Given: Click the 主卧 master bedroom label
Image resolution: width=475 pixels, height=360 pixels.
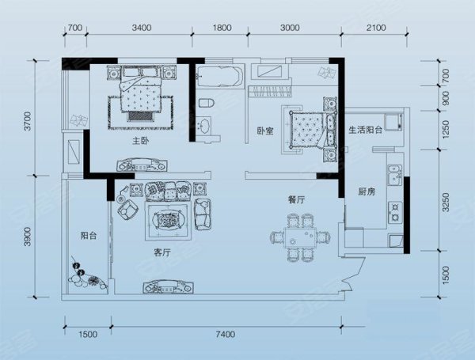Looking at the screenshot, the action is coord(140,141).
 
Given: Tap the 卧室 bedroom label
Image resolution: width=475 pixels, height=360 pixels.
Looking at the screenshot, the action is coord(265,131).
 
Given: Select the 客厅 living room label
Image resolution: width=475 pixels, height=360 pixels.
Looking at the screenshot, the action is coord(162,252).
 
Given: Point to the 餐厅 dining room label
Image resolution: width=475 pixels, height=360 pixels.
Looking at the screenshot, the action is coord(296,199).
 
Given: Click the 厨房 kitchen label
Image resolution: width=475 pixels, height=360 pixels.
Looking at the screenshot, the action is coord(367,191).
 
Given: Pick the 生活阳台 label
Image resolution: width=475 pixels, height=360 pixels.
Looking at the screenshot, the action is coord(365,131).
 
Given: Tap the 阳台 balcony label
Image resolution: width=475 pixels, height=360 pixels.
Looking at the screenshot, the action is coord(89,235).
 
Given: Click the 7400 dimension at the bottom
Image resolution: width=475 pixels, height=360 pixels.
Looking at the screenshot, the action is coord(226,334).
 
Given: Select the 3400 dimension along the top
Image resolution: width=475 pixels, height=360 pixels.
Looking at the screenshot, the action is coord(142,28).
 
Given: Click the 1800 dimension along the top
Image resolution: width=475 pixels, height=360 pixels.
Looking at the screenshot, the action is coord(222,28).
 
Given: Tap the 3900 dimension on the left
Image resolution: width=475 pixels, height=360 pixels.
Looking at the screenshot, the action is coord(27,237).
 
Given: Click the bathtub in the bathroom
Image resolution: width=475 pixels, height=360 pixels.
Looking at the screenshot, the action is coord(219,77).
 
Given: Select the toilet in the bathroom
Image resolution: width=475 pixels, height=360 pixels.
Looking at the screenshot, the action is coord(207,103).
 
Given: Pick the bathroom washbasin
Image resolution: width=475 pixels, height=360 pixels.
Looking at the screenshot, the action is coord(204,126).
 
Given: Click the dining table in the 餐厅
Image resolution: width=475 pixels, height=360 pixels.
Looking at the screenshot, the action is coord(300,237).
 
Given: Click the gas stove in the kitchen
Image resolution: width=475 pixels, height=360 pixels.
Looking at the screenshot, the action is coord(395,212).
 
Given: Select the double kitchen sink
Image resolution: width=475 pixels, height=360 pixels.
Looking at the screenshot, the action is coord(395,175).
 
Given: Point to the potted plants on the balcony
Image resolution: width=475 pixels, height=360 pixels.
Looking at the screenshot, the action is coord(87,276).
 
